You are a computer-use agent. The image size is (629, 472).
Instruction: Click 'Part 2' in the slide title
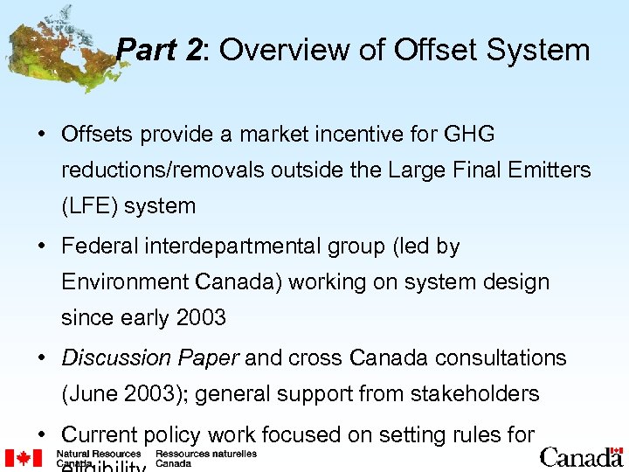point(159,50)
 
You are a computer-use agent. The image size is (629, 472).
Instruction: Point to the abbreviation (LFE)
point(91,206)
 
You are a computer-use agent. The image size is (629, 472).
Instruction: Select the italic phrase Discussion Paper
point(151,358)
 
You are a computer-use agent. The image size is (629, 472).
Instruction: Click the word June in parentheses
point(91,394)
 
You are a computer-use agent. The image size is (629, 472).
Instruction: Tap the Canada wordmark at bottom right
point(581,457)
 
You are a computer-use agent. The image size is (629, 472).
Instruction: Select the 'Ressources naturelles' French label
point(205,455)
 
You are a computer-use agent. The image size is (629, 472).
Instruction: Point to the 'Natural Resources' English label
point(98,455)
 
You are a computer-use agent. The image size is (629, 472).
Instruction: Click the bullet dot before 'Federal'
point(42,247)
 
